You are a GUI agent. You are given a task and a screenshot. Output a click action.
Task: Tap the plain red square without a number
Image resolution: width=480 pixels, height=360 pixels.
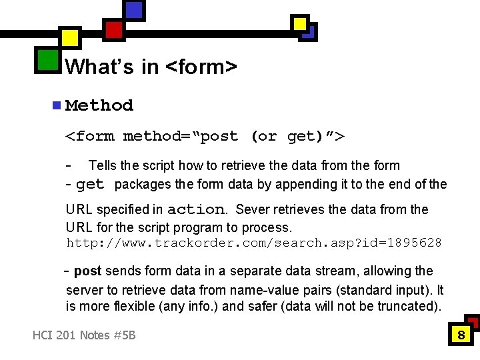pos(114,29)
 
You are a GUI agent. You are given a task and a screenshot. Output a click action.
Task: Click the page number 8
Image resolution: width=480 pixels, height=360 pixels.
pos(461,335)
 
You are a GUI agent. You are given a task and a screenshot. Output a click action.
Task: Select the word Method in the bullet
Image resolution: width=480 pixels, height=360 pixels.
pos(99,105)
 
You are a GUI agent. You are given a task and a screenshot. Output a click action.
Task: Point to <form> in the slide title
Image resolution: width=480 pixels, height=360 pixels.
pos(201,67)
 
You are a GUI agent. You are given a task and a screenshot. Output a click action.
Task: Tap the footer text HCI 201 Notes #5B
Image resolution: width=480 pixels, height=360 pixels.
pos(84,335)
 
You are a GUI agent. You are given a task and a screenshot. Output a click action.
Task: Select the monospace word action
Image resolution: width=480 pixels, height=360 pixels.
pos(195,209)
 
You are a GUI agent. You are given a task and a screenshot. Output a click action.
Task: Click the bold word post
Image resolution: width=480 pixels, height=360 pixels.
pos(87,271)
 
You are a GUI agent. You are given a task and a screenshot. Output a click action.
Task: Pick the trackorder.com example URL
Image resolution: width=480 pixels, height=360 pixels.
pos(253,243)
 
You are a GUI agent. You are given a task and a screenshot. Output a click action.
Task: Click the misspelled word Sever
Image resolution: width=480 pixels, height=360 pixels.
pos(252,209)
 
